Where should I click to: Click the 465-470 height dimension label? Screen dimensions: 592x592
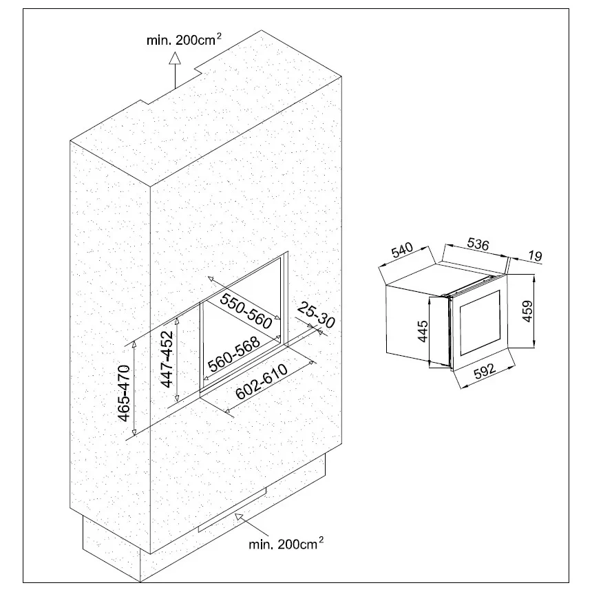(x=124, y=393)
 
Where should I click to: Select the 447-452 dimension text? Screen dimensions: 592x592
(x=167, y=359)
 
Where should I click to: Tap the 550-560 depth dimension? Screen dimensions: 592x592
(x=246, y=311)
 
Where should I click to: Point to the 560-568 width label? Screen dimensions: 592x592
(x=234, y=354)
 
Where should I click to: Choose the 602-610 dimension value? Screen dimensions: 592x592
(x=262, y=382)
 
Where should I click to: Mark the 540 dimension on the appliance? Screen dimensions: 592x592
(x=402, y=251)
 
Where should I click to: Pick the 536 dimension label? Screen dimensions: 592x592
(x=478, y=244)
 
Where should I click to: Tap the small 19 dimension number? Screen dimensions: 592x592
(x=535, y=256)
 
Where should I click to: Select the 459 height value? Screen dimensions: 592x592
(x=527, y=311)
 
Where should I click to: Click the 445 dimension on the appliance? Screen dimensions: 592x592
(x=423, y=331)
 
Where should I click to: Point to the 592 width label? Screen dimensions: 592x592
(x=485, y=371)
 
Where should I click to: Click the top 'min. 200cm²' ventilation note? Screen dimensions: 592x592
(x=184, y=39)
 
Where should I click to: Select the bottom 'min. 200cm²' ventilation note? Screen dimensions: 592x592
(x=286, y=543)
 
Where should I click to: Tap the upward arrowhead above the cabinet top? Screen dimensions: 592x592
(x=175, y=58)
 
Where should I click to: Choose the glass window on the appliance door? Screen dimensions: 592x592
(x=480, y=323)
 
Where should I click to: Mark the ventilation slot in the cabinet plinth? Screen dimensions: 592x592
(x=232, y=509)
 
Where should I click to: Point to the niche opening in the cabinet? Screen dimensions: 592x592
(x=244, y=324)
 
